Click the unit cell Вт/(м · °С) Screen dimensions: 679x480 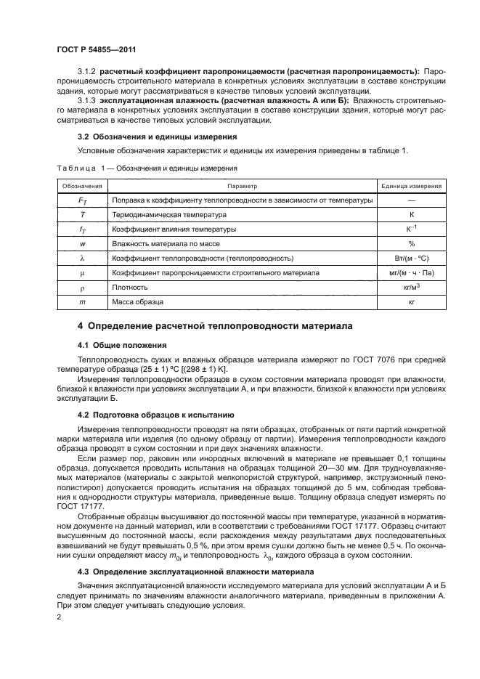tap(411, 258)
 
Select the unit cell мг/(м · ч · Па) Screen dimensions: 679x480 tap(411, 272)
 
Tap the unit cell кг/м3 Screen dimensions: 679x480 tap(411, 286)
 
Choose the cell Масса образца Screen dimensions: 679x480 tap(137, 301)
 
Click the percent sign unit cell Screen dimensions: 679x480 tap(411, 243)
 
